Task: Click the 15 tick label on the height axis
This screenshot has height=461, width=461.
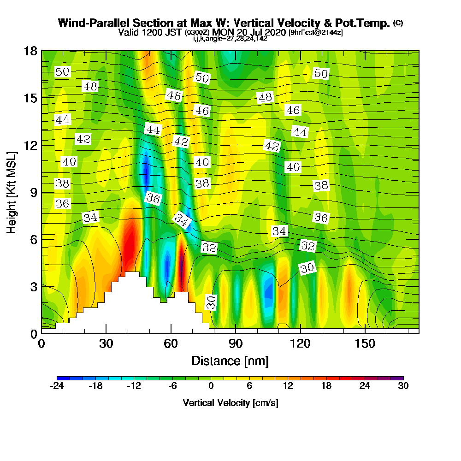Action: pyautogui.click(x=31, y=98)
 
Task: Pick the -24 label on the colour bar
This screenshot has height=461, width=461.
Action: pyautogui.click(x=57, y=386)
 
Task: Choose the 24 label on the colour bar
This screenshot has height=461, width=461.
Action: pyautogui.click(x=365, y=386)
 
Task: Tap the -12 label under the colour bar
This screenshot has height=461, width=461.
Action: pyautogui.click(x=134, y=386)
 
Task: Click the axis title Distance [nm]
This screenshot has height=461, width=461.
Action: pyautogui.click(x=230, y=361)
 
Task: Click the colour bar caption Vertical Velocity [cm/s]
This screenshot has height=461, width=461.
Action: pyautogui.click(x=230, y=403)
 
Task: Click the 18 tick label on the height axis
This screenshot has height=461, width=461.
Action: pyautogui.click(x=31, y=51)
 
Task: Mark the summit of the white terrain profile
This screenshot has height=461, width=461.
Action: pyautogui.click(x=132, y=272)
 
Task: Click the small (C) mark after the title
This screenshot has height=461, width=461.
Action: pyautogui.click(x=398, y=23)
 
